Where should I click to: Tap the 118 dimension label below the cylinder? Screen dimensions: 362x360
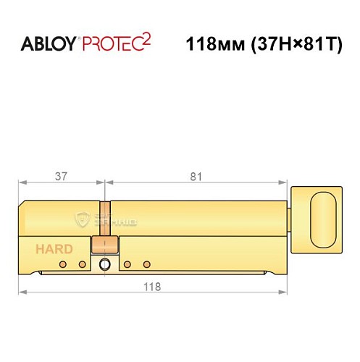click(151, 286)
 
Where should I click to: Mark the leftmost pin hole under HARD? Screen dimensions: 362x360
click(63, 264)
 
